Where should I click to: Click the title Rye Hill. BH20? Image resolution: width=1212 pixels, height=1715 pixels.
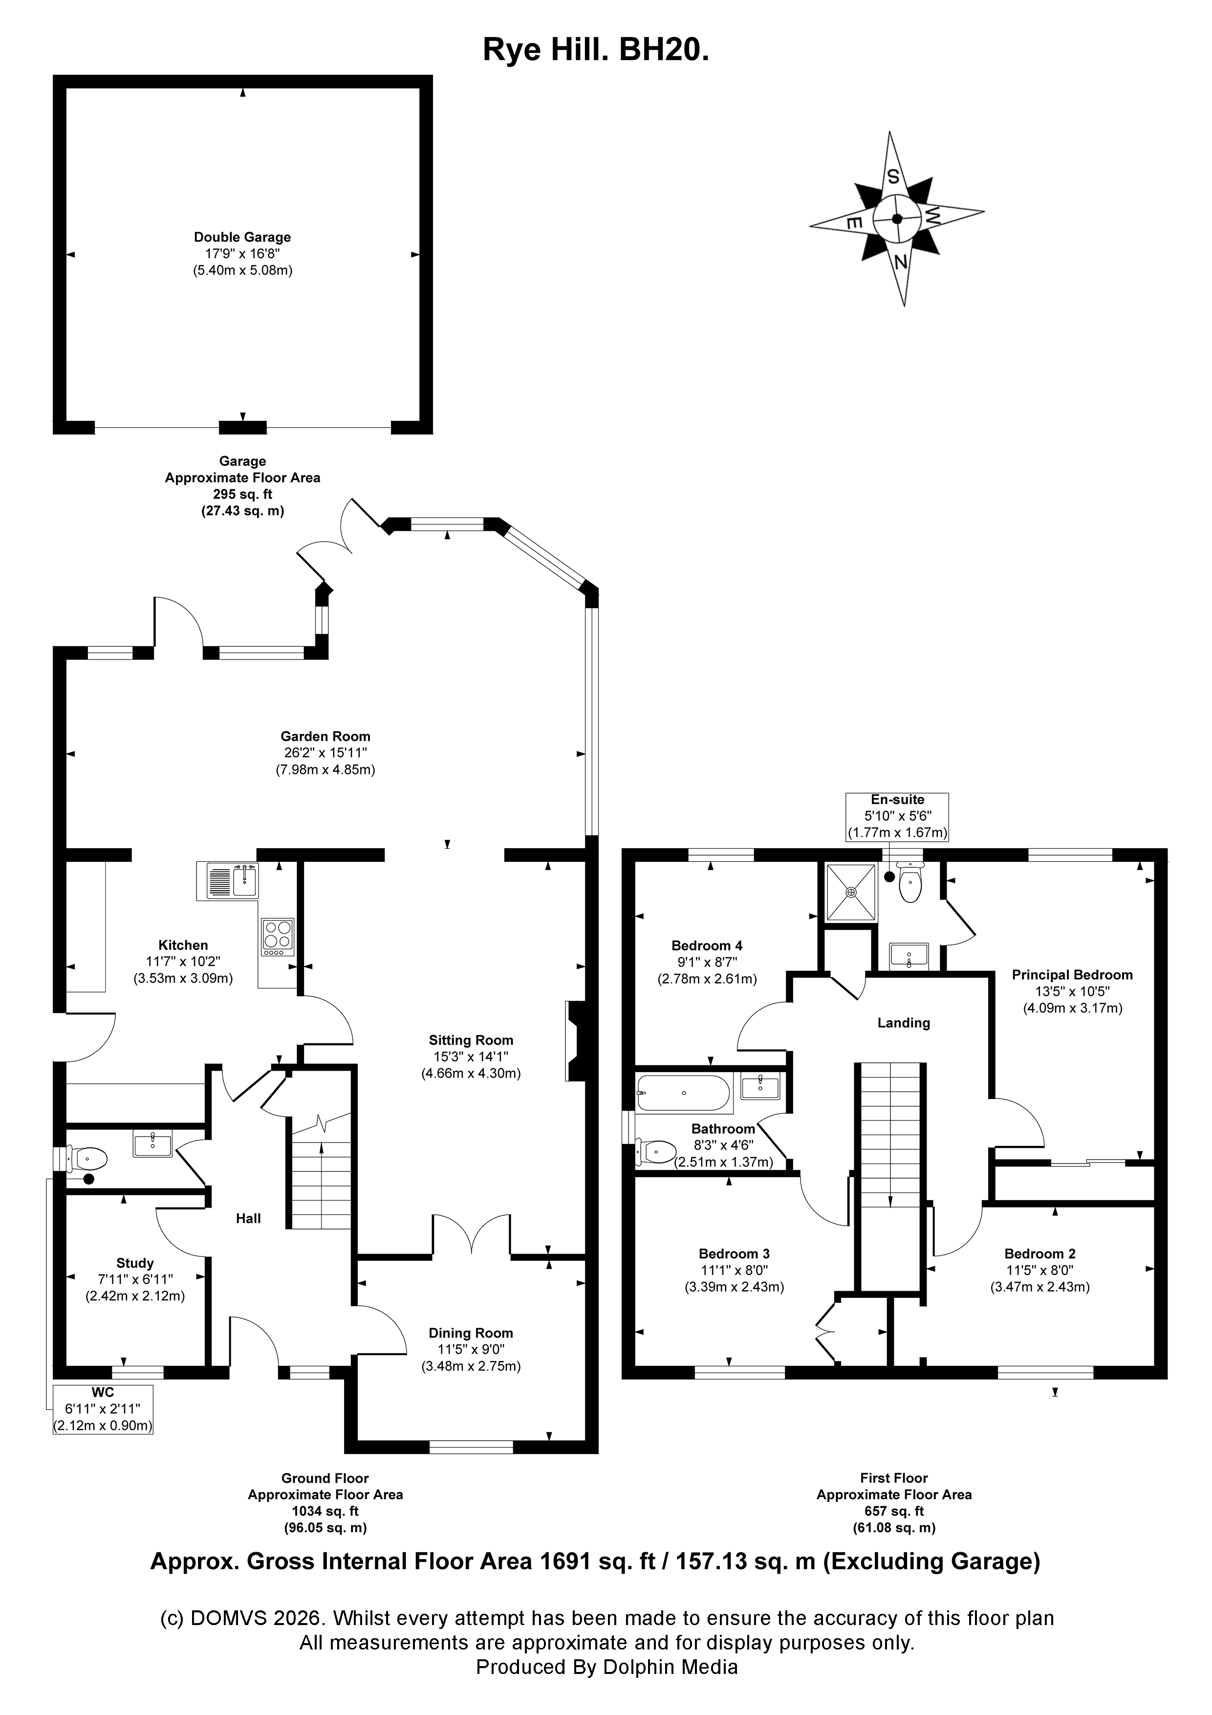[x=595, y=50]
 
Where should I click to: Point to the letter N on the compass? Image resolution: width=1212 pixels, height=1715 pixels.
[x=901, y=262]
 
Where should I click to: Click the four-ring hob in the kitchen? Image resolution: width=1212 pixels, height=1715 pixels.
[x=278, y=937]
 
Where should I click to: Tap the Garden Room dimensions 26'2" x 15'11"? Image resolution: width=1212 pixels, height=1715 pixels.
[x=325, y=753]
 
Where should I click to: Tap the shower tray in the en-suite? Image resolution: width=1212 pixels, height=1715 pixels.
[x=850, y=892]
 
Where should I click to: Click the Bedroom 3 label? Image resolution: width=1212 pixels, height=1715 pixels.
[x=734, y=1253]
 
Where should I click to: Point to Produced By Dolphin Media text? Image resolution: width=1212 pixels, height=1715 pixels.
[x=606, y=1667]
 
